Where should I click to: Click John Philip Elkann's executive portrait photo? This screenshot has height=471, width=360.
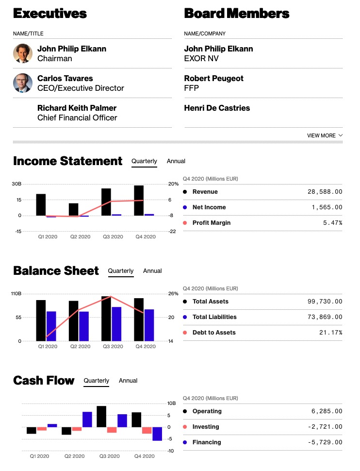(23, 53)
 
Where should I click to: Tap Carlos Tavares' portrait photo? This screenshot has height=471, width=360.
(23, 83)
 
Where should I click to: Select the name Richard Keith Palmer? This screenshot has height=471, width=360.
(77, 108)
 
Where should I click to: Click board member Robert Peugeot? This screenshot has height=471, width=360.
(213, 78)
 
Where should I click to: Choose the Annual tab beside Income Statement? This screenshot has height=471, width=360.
(176, 161)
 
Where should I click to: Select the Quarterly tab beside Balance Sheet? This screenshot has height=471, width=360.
(120, 271)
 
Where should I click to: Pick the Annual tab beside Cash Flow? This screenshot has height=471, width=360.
(128, 381)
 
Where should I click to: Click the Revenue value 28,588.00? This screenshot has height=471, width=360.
(325, 192)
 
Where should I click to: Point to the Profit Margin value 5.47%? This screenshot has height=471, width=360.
(332, 223)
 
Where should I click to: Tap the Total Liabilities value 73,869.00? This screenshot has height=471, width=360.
(325, 317)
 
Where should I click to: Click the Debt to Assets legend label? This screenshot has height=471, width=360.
(214, 333)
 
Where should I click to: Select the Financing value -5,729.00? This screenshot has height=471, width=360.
(327, 442)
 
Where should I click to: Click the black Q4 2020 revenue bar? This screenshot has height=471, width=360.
(139, 200)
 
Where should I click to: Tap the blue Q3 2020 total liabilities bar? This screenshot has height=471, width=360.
(116, 324)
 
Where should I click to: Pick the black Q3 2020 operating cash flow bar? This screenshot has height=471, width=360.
(101, 417)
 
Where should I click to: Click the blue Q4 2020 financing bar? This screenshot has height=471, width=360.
(157, 434)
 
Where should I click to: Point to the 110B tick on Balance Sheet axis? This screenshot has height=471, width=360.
(16, 294)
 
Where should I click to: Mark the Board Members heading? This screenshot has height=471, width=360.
(236, 14)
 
